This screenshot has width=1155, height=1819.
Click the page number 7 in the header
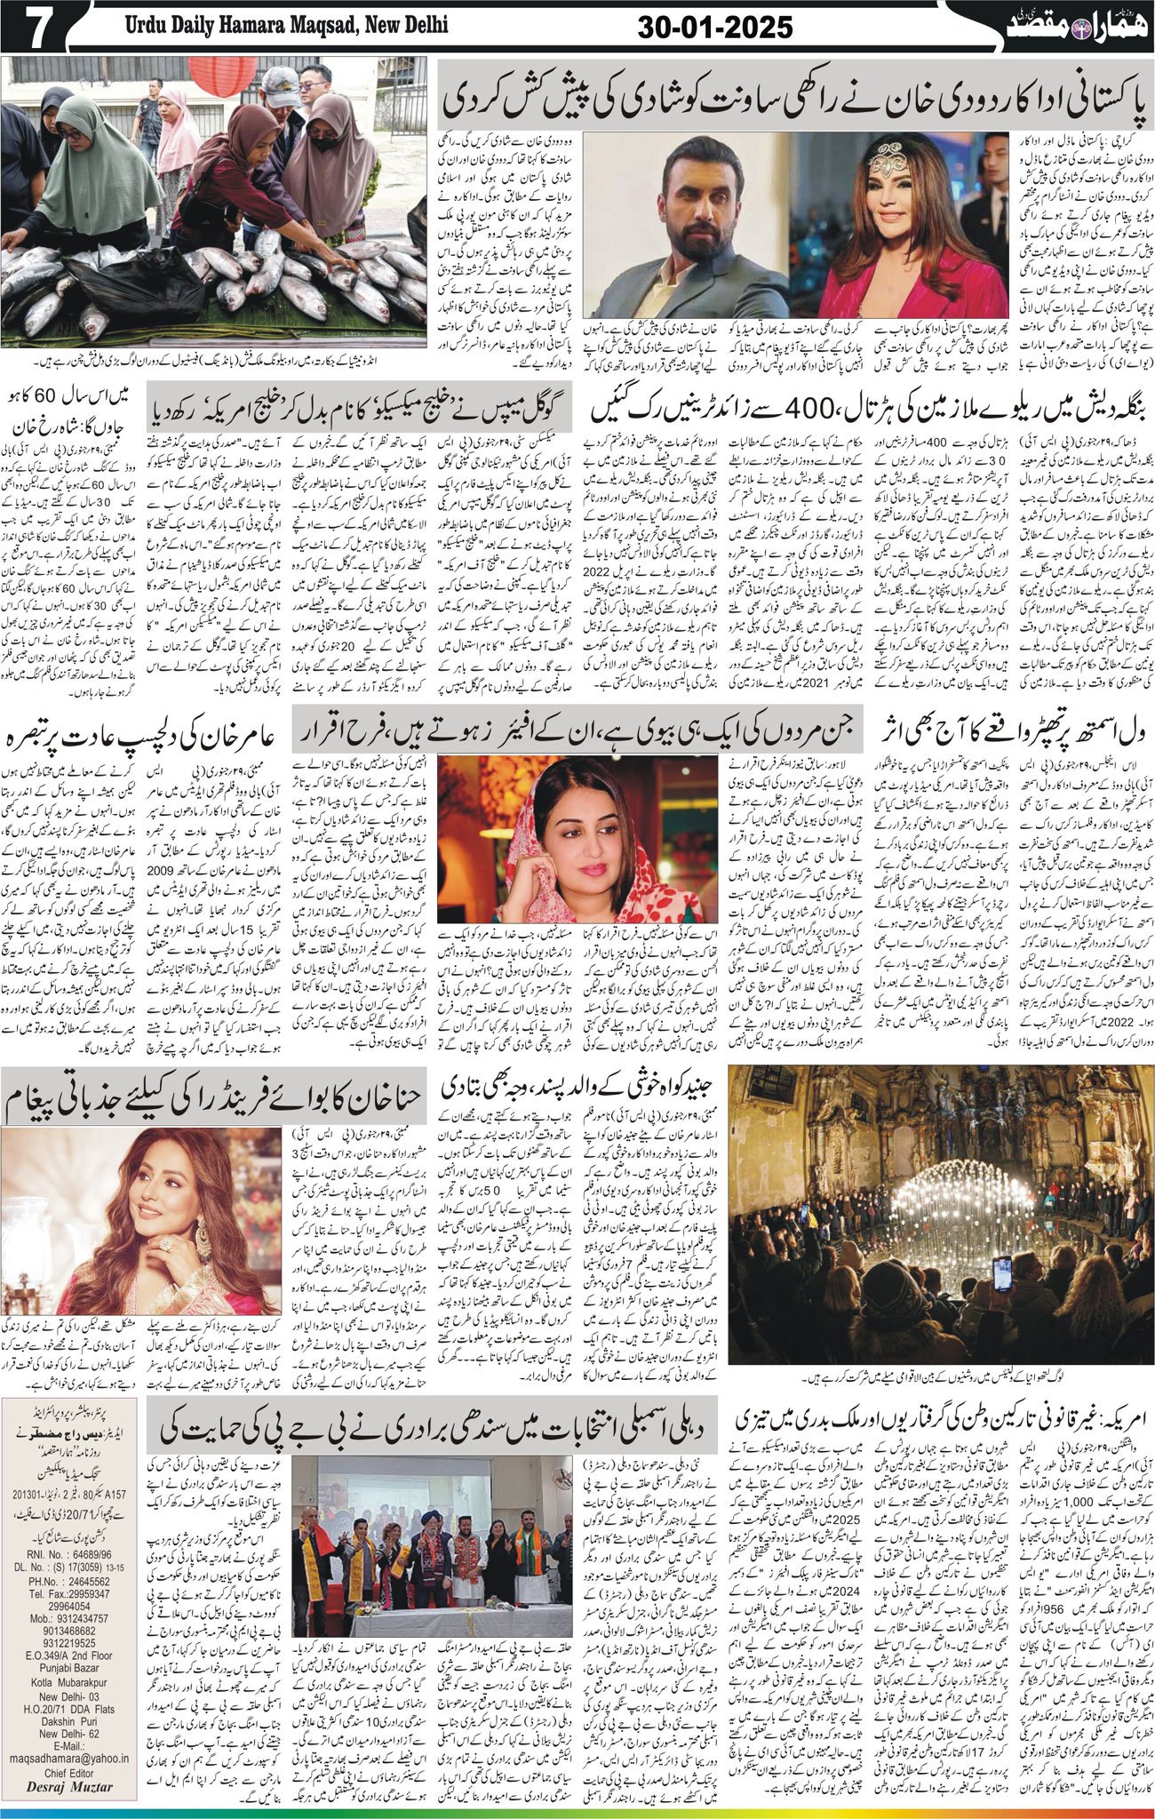pyautogui.click(x=34, y=30)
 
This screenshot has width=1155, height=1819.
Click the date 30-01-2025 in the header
pyautogui.click(x=715, y=29)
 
